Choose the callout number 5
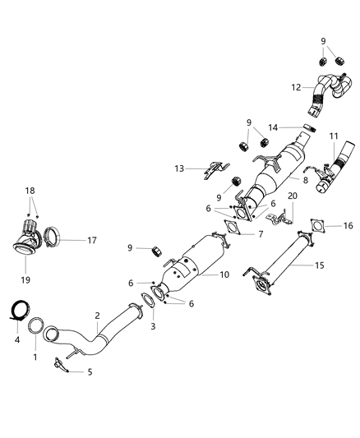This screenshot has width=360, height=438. click(90, 371)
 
